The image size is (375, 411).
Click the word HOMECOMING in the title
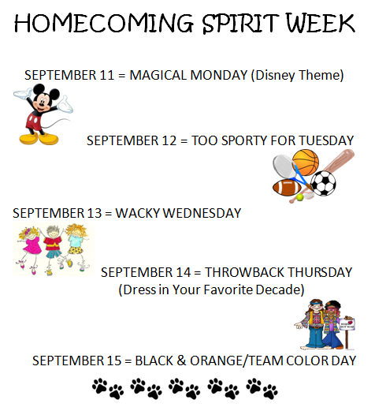(104, 23)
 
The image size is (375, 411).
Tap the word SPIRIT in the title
(240, 23)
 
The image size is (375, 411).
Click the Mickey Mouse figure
(43, 114)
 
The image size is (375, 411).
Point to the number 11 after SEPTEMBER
(107, 75)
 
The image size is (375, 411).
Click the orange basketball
(306, 163)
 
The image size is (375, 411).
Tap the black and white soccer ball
(323, 183)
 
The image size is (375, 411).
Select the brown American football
(287, 188)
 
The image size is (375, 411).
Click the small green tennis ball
(299, 197)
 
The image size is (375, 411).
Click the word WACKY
(138, 213)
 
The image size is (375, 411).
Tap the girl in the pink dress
(29, 247)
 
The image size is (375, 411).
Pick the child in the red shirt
(53, 248)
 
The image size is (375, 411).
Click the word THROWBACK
(244, 272)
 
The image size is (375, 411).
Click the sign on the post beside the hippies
(347, 323)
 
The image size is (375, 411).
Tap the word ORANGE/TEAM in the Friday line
(236, 361)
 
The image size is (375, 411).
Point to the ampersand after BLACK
(181, 361)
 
